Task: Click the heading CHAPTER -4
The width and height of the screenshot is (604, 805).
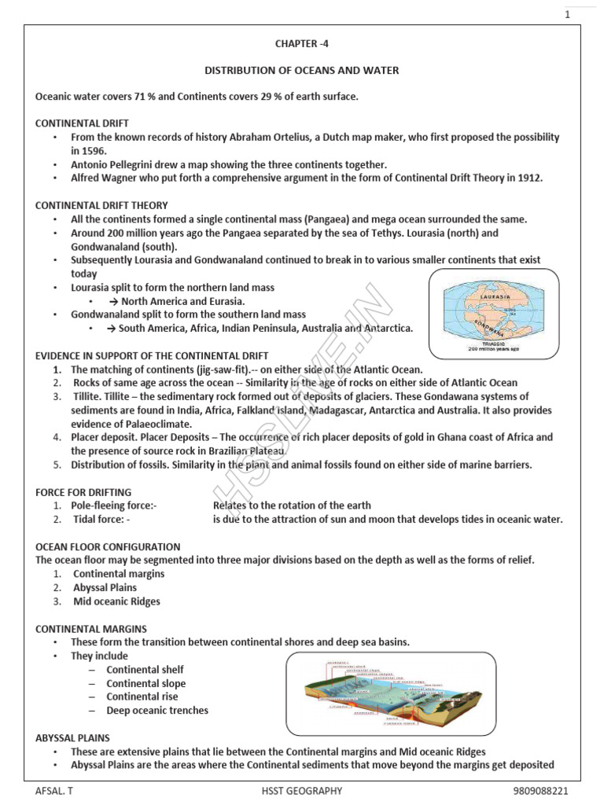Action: coord(302,46)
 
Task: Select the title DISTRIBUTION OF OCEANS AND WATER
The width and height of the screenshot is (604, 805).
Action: coord(302,71)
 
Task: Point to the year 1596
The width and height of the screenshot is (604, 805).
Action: coord(88,150)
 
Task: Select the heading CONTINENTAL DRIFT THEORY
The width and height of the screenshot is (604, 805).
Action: coord(101,205)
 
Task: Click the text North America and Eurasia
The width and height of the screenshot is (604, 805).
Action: coord(182,301)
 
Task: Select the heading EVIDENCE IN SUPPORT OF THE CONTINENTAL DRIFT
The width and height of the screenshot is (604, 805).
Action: coord(152,355)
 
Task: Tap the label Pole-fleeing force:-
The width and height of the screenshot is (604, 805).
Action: coord(114,505)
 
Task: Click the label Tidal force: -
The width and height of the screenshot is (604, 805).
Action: coord(101,519)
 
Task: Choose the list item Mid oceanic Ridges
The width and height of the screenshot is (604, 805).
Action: coord(116,601)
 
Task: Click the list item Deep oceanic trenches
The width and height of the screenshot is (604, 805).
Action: coord(157,710)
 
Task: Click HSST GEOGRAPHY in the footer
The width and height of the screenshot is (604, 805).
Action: coord(302,791)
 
